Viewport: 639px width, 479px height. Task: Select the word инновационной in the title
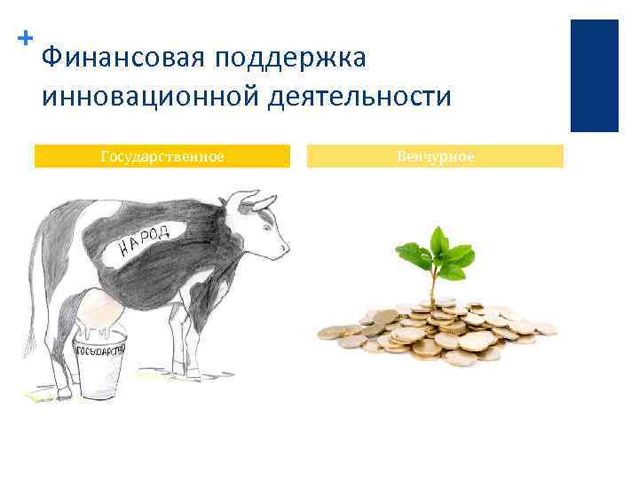[147, 96]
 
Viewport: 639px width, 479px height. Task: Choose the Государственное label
[162, 157]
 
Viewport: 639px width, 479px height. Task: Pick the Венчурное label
[435, 157]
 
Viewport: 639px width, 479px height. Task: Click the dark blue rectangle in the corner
[594, 75]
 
